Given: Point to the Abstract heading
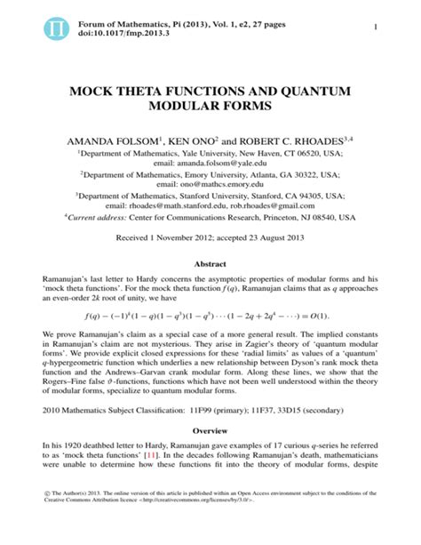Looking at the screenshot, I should pyautogui.click(x=210, y=264).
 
